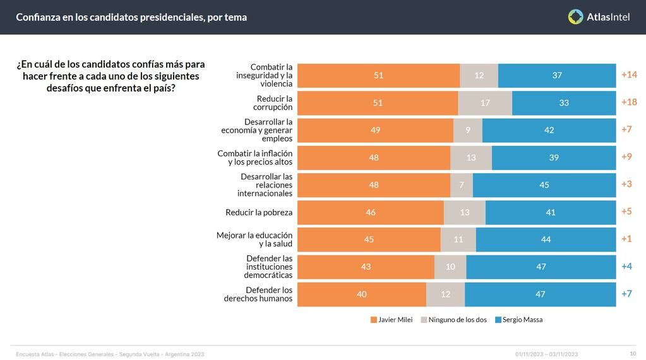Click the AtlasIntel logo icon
point(575,17)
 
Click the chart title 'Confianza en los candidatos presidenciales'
point(131,17)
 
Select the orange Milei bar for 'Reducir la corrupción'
point(378,103)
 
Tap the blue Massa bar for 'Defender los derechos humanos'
point(540,294)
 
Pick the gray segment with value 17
point(485,103)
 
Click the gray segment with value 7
point(462,185)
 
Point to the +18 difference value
point(629,102)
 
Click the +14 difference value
point(629,75)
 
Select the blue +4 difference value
point(626,267)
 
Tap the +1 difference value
point(626,239)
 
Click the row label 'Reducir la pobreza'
point(259,212)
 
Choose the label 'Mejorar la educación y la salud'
point(254,239)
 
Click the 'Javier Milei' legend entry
point(392,320)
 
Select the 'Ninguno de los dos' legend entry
point(453,320)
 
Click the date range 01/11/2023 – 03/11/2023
point(546,354)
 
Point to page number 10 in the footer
point(633,354)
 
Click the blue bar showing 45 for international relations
point(544,185)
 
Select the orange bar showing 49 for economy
point(375,130)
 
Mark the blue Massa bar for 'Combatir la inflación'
point(554,158)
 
